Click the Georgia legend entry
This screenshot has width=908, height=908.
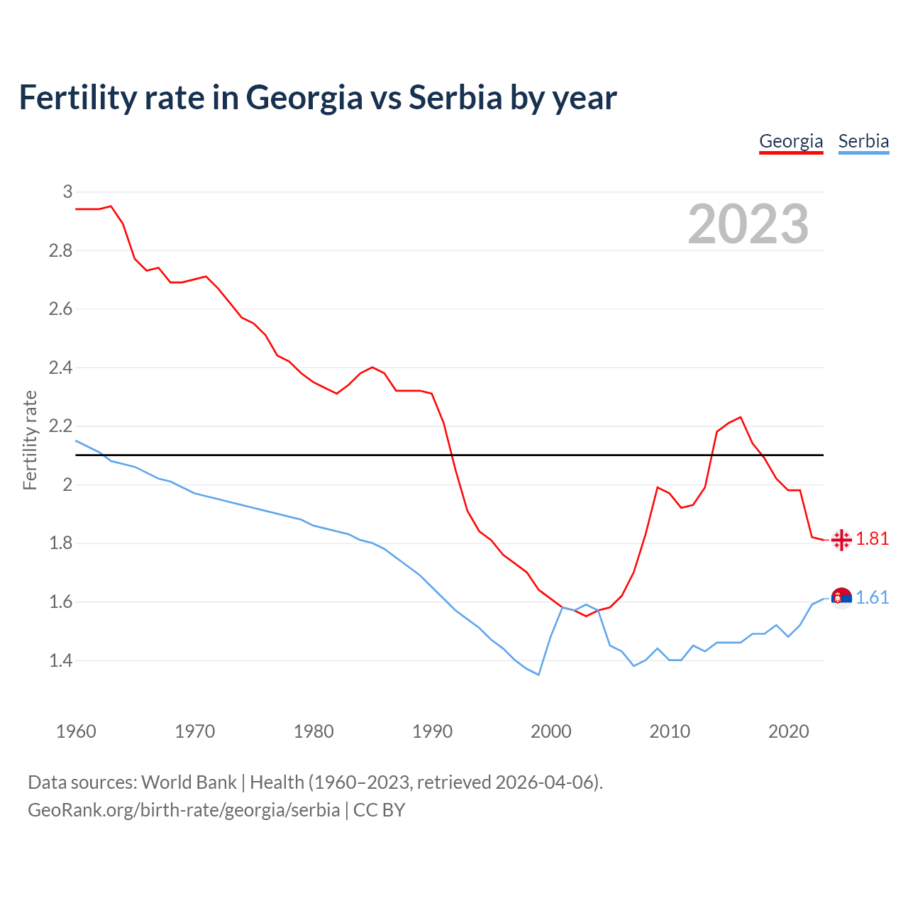tap(791, 141)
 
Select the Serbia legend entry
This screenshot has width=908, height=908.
tap(863, 141)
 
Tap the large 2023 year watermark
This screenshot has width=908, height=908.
tap(748, 224)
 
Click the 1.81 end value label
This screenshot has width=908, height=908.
tap(872, 539)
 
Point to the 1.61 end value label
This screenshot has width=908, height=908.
tap(872, 598)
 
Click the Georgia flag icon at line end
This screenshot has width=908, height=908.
tap(841, 540)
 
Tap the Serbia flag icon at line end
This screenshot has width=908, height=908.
tap(841, 599)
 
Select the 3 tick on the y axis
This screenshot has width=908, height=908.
tap(67, 192)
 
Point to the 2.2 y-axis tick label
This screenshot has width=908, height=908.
tap(60, 426)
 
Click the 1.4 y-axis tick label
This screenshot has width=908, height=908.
tap(60, 661)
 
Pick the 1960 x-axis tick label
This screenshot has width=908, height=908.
tap(76, 731)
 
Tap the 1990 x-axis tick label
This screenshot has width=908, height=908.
tap(432, 731)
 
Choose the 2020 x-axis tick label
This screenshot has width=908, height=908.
tap(788, 731)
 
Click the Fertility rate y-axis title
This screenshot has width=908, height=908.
tap(30, 440)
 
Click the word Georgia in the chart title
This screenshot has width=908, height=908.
tap(304, 97)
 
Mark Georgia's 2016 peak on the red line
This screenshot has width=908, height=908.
tap(741, 417)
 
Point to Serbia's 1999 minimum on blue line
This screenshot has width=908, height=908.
tap(538, 675)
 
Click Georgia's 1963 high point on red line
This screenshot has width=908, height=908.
tap(111, 206)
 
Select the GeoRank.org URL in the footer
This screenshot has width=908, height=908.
tap(184, 810)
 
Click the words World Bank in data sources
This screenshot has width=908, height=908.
tap(189, 782)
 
